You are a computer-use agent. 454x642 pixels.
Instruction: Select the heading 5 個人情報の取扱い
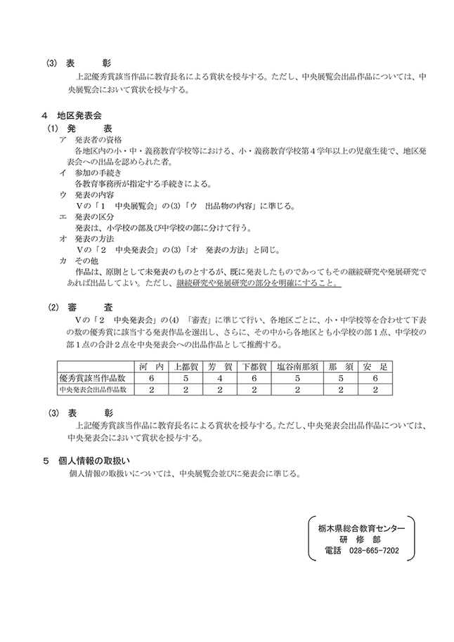(x=86, y=461)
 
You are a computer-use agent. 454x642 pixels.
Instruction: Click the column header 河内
(x=151, y=367)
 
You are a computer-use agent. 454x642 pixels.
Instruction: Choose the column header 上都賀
(x=186, y=367)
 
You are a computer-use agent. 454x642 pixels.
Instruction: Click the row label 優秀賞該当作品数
(x=96, y=377)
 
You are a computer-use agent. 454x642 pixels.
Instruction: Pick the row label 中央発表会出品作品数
(x=96, y=388)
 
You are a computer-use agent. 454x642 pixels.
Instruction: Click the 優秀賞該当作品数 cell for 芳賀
(x=219, y=377)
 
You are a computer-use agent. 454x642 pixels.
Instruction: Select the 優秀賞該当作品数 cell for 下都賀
(x=253, y=377)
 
